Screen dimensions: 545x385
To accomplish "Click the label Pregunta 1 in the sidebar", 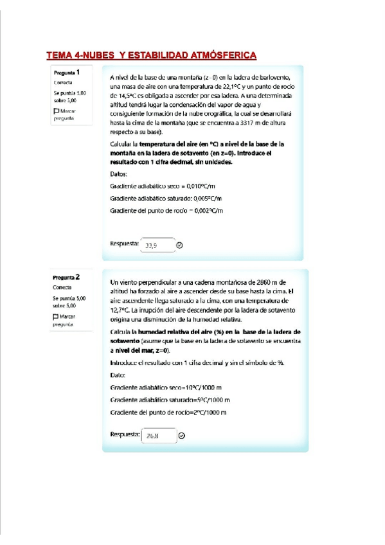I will (x=67, y=73).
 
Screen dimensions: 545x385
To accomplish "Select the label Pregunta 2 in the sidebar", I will (x=67, y=278).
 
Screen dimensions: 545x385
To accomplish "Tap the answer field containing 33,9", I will (x=157, y=245).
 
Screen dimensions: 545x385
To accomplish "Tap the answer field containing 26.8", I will (x=158, y=436).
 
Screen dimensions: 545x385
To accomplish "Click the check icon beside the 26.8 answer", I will (x=181, y=436).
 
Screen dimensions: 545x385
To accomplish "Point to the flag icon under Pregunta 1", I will (x=57, y=112).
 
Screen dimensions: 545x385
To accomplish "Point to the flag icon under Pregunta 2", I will (x=57, y=317).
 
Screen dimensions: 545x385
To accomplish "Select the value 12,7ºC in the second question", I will (x=121, y=309).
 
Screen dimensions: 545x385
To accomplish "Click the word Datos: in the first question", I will (x=120, y=174).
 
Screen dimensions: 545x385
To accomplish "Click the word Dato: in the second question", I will (x=118, y=375).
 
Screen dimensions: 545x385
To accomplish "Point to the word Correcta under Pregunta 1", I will (x=63, y=83).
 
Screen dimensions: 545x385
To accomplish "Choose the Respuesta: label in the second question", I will (x=125, y=434).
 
